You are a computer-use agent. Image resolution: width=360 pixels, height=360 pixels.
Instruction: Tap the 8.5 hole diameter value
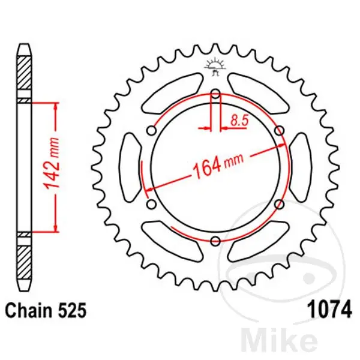(x=239, y=121)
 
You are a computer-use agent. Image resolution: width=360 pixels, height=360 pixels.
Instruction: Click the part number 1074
(x=329, y=309)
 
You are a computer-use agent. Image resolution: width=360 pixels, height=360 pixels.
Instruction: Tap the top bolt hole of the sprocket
(x=215, y=94)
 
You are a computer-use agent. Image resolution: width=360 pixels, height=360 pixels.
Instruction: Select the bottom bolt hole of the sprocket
(x=215, y=241)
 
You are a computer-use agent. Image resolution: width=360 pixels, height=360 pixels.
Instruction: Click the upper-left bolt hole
(x=152, y=131)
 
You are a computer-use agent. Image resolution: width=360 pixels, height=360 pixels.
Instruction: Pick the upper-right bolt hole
(x=280, y=131)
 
